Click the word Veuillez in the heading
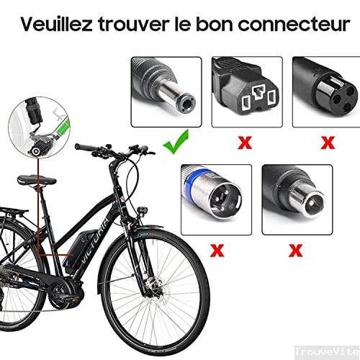pyautogui.click(x=56, y=24)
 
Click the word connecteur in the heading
pyautogui.click(x=294, y=24)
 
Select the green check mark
pyautogui.click(x=176, y=142)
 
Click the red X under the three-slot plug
pyautogui.click(x=245, y=143)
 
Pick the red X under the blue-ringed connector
pyautogui.click(x=217, y=251)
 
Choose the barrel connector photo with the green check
pyautogui.click(x=166, y=92)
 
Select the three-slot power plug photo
pyautogui.click(x=247, y=92)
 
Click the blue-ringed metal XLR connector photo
pyautogui.click(x=216, y=199)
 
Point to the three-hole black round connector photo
pyautogui.click(x=326, y=92)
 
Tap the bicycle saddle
pyautogui.click(x=37, y=181)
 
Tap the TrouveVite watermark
pyautogui.click(x=327, y=352)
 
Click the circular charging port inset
pyautogui.click(x=39, y=127)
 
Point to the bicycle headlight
pyautogui.click(x=143, y=211)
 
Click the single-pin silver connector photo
pyautogui.click(x=297, y=199)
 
